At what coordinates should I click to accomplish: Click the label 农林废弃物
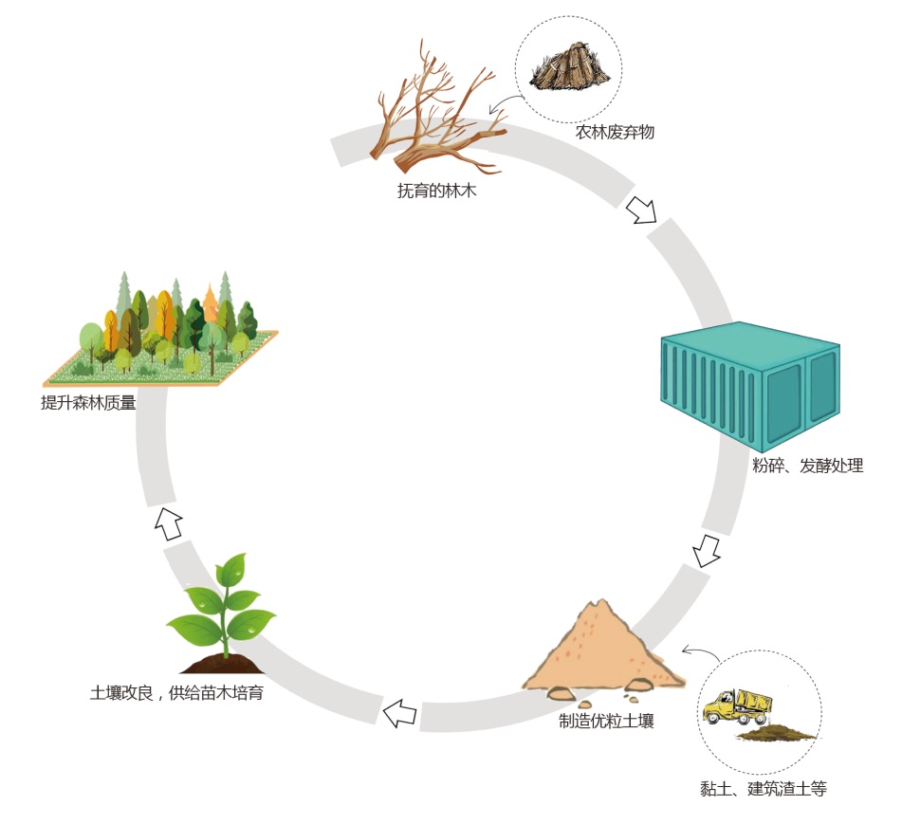click(x=615, y=133)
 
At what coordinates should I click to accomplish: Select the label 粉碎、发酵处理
click(x=807, y=467)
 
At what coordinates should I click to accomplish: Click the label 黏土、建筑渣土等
click(x=761, y=789)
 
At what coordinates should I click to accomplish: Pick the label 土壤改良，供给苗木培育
click(x=176, y=693)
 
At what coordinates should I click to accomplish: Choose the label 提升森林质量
click(x=88, y=403)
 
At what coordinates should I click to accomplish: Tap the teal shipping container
click(x=749, y=384)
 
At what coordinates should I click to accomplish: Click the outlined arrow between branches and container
click(x=642, y=210)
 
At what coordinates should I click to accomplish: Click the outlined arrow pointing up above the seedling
click(x=170, y=522)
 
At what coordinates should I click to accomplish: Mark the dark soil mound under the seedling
click(x=226, y=662)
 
